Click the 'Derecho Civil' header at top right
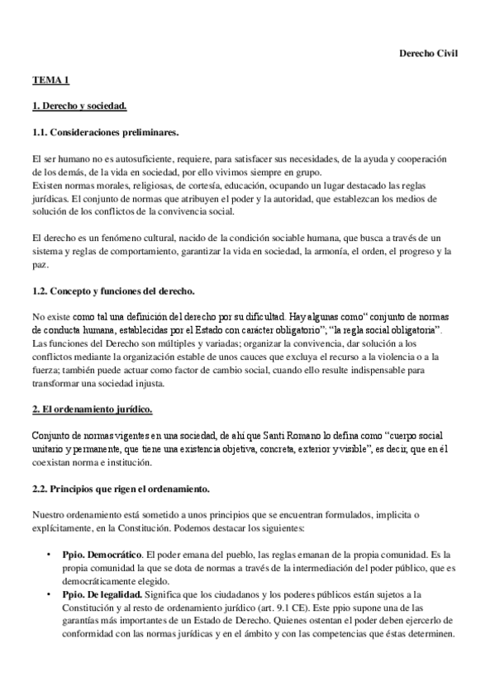[x=428, y=54]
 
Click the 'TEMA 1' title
[x=51, y=80]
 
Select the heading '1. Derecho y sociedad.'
[x=79, y=106]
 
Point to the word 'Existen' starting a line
[x=47, y=185]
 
